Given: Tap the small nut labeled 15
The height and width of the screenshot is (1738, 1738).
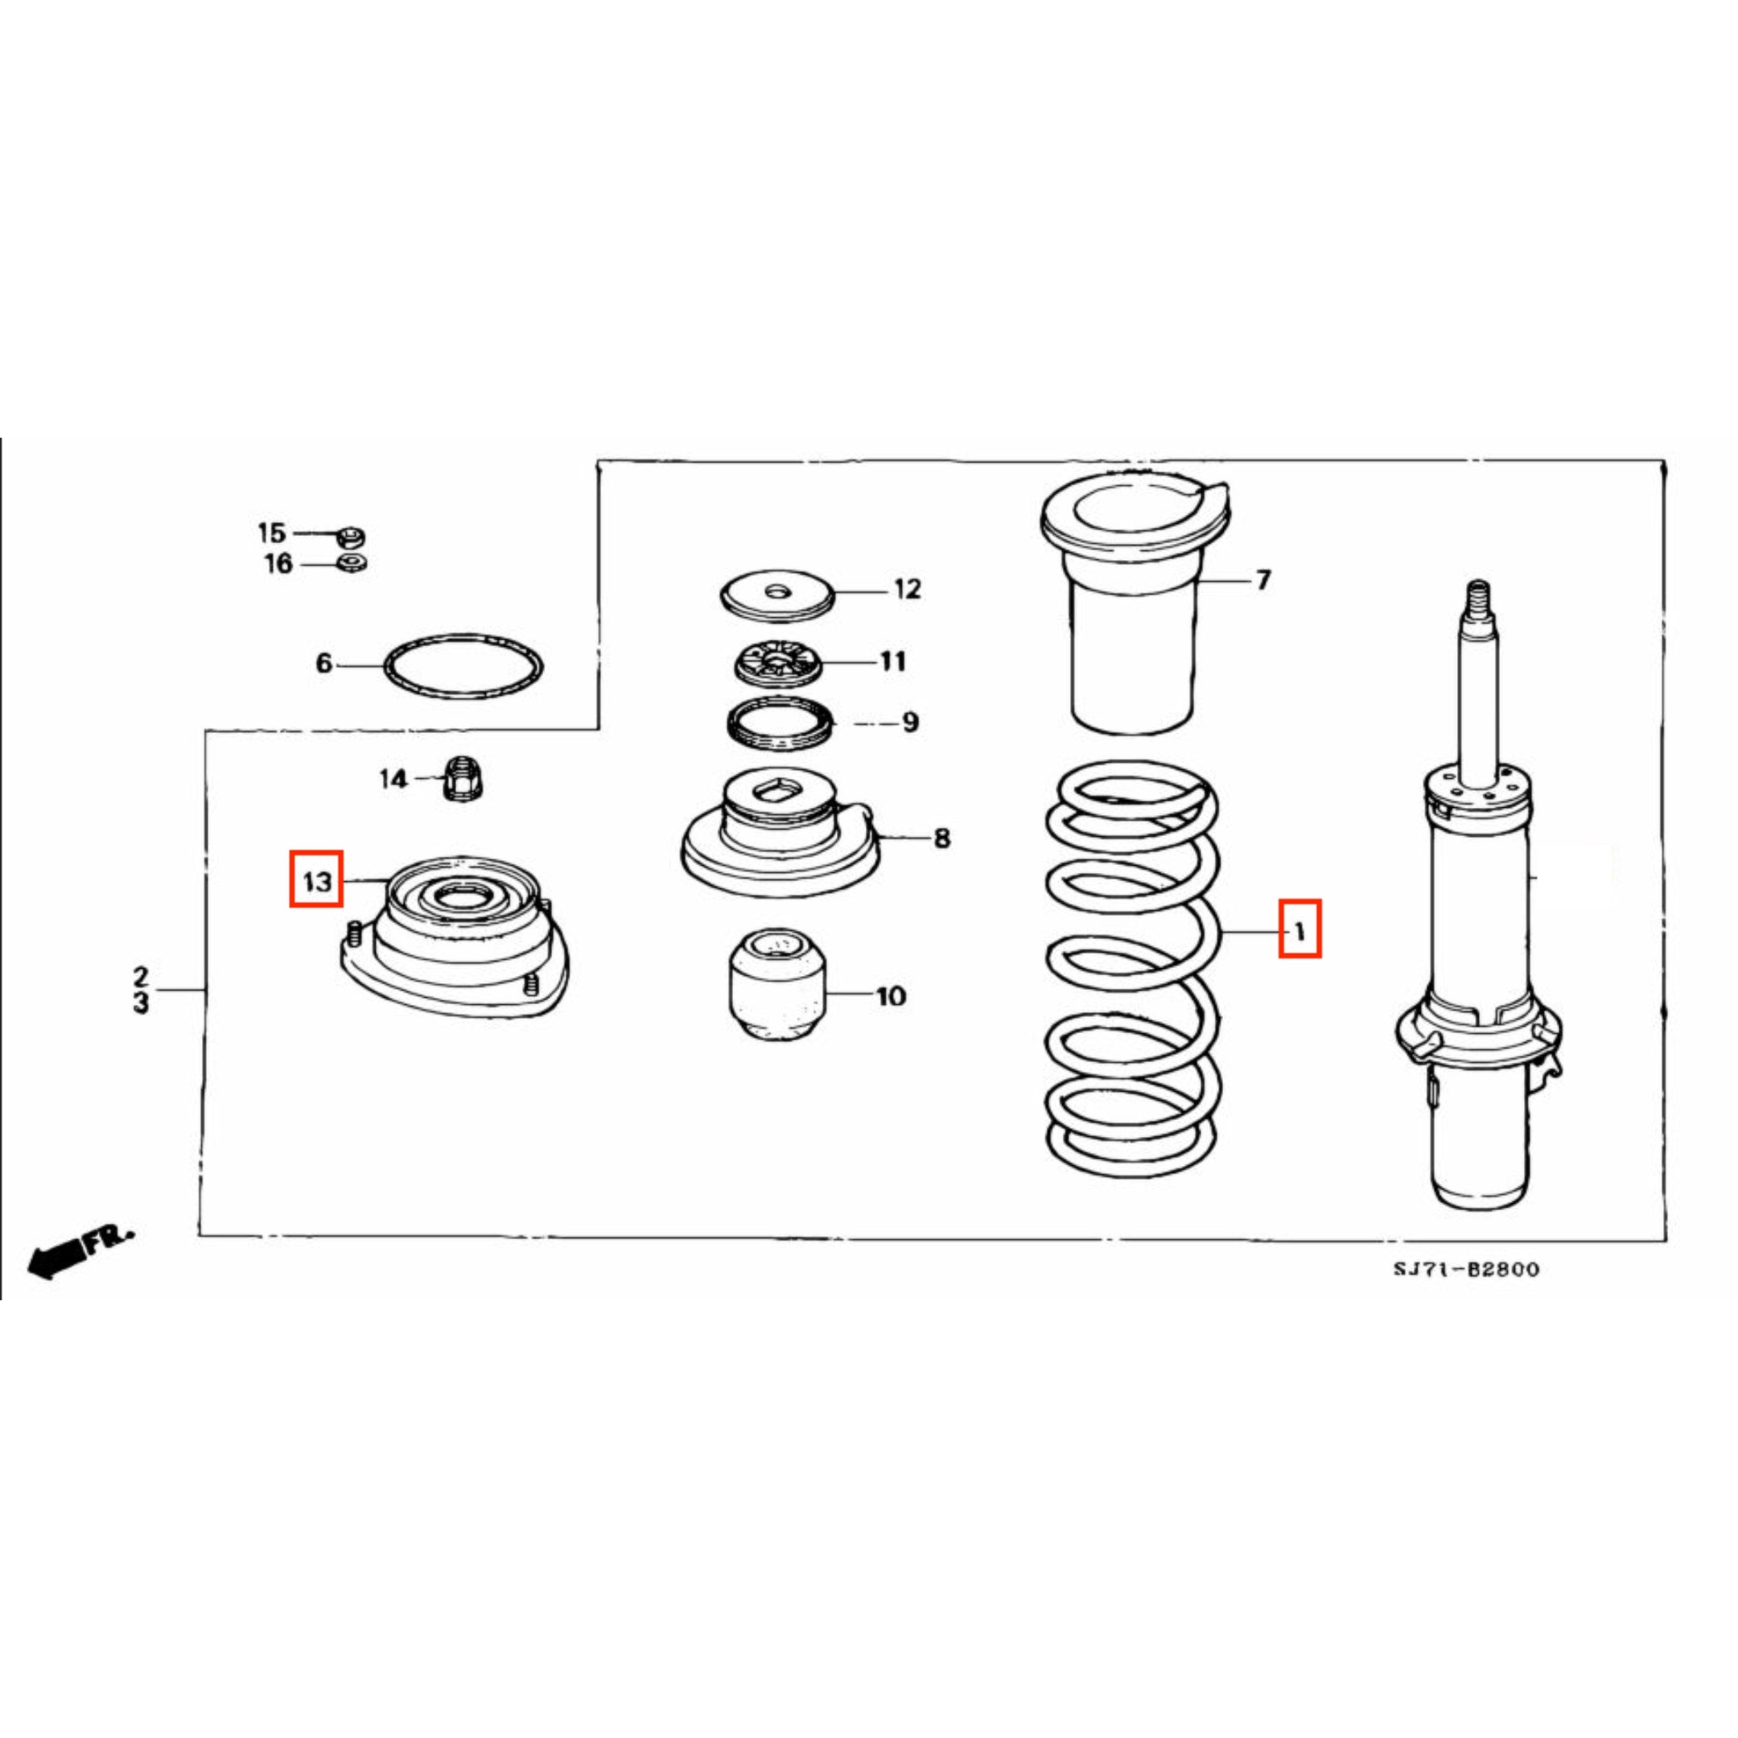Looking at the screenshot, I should [351, 537].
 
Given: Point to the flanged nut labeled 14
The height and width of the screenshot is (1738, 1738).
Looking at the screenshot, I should [463, 778].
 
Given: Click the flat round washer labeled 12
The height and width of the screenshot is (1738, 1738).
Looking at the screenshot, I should [778, 595].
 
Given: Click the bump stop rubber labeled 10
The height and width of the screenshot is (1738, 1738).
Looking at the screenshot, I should [776, 986].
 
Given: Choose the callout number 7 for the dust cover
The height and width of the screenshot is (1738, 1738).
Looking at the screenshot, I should [1264, 580].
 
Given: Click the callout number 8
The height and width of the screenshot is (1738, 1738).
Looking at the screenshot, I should [941, 838].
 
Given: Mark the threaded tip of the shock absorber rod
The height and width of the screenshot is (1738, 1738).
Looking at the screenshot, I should [1478, 598].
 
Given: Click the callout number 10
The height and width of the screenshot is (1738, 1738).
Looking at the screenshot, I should [891, 996].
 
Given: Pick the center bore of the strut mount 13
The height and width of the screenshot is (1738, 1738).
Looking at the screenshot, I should [465, 896].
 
